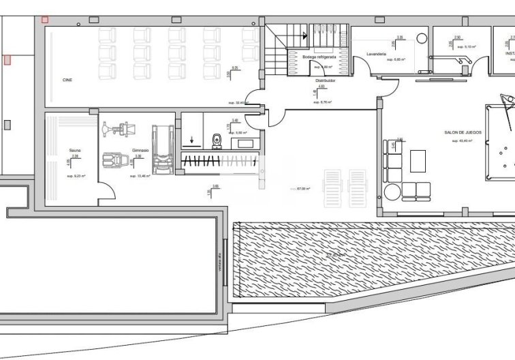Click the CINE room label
[67, 80]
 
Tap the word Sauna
[75, 150]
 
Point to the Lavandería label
[377, 53]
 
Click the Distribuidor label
[320, 80]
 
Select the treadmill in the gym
[159, 150]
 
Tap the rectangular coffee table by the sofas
[416, 162]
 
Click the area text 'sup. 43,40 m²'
[463, 141]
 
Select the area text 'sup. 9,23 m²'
[74, 176]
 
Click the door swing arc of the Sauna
[106, 193]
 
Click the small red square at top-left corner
[46, 20]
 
